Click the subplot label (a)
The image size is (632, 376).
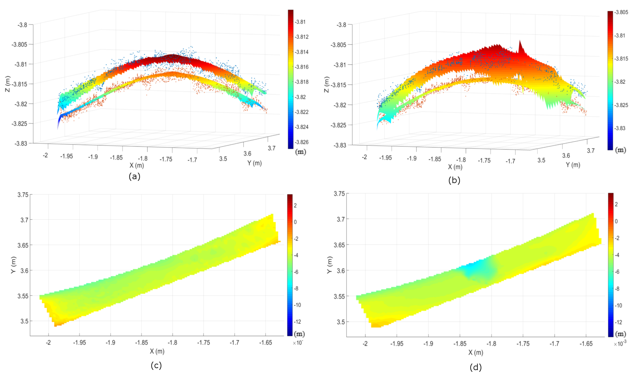tap(134, 176)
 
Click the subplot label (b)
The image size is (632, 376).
tap(454, 180)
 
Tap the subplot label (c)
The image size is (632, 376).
tap(156, 365)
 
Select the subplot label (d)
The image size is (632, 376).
tap(475, 367)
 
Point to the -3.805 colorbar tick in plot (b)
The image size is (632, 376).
tap(621, 12)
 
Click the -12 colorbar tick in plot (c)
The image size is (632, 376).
tap(297, 322)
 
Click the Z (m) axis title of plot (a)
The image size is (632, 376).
tap(8, 84)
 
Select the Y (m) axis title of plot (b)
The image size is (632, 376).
tap(573, 165)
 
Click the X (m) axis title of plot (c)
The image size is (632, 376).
tap(157, 351)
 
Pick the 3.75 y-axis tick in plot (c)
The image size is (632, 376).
tap(23, 195)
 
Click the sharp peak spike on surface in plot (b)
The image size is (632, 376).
tap(520, 46)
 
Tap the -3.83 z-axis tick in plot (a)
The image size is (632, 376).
tap(21, 143)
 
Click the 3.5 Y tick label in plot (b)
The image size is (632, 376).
tap(541, 160)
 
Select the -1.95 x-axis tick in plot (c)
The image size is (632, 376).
tap(80, 343)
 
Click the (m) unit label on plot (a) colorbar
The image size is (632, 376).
tap(301, 152)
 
